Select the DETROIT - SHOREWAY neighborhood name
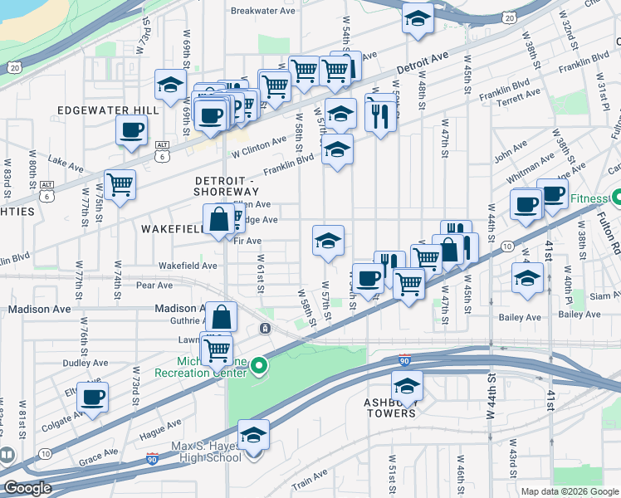click(227, 186)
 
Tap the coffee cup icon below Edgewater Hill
click(132, 129)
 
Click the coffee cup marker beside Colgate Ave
click(93, 397)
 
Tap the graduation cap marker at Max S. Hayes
click(253, 434)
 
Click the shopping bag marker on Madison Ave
click(222, 316)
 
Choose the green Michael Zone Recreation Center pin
click(260, 365)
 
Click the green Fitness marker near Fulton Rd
click(618, 198)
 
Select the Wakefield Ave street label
click(188, 266)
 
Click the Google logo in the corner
click(28, 488)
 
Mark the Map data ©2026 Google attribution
click(569, 491)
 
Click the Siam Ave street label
click(601, 295)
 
